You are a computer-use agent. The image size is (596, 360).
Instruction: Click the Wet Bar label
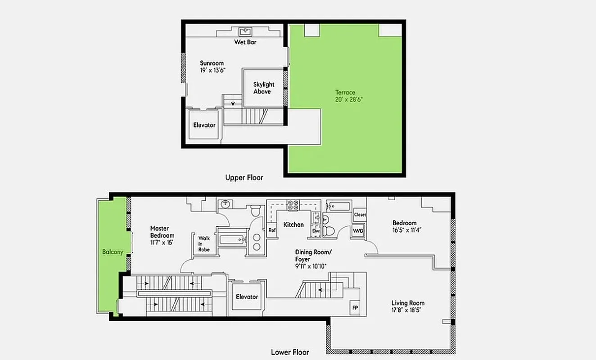click(x=245, y=42)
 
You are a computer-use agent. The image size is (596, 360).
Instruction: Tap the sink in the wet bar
click(x=246, y=31)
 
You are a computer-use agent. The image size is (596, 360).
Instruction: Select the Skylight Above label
click(x=263, y=88)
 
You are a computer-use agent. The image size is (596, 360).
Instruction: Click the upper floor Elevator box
click(x=204, y=125)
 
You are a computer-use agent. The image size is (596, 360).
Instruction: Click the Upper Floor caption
click(x=244, y=177)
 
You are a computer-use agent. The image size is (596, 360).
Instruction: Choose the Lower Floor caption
click(x=290, y=352)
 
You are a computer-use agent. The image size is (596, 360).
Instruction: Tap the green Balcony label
click(x=112, y=252)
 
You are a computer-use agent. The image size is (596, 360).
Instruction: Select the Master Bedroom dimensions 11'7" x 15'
click(x=162, y=243)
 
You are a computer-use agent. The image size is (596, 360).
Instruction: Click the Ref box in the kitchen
click(x=272, y=230)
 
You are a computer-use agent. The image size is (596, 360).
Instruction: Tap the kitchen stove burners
click(x=293, y=205)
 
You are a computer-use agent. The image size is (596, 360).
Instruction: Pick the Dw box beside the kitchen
click(x=316, y=231)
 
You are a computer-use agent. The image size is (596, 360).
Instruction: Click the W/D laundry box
click(x=358, y=231)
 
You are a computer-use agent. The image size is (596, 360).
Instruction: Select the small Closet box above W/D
click(x=360, y=215)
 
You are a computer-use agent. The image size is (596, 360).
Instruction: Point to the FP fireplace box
click(x=355, y=308)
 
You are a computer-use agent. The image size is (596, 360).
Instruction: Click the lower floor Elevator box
click(x=247, y=297)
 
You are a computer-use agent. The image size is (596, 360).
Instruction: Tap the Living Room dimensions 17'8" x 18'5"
click(x=408, y=310)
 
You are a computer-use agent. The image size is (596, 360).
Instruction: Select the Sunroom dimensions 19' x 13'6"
click(x=212, y=71)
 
